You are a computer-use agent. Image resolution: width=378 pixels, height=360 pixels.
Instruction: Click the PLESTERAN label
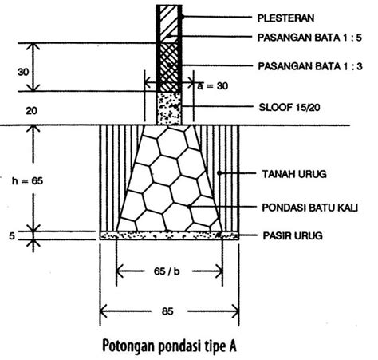[285, 18]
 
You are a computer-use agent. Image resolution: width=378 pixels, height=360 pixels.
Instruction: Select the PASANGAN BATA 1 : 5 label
[309, 38]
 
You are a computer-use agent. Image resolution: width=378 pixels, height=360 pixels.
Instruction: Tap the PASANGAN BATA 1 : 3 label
[310, 66]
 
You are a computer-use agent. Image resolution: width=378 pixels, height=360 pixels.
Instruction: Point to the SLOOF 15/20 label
[289, 108]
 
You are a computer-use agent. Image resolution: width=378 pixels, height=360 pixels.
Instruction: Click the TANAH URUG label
[294, 174]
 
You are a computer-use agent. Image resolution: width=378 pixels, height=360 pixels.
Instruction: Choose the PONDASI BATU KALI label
[310, 208]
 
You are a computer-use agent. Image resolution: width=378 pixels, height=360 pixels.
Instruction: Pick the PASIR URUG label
[293, 235]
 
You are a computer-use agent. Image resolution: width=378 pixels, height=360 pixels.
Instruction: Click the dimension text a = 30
[213, 86]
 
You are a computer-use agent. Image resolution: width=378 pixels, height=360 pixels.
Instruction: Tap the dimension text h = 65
[27, 181]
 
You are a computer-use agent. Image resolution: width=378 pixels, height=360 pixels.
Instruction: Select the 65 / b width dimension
[167, 271]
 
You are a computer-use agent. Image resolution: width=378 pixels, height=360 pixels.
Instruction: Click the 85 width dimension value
[167, 311]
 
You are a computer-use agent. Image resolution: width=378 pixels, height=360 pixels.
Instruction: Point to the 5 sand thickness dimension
[12, 236]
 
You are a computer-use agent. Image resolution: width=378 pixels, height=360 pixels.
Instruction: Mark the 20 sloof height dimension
[31, 111]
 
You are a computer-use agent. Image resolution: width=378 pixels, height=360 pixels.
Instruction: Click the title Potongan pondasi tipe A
[169, 346]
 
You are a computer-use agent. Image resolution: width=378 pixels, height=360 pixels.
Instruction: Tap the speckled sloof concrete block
[169, 109]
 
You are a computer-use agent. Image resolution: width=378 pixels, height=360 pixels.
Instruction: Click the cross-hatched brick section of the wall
[169, 67]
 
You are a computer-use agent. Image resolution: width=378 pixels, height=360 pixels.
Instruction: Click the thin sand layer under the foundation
[169, 235]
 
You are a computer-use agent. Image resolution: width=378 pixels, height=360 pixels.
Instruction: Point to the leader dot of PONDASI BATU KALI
[189, 207]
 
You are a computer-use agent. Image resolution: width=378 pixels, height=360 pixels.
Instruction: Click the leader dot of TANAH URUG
[219, 173]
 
